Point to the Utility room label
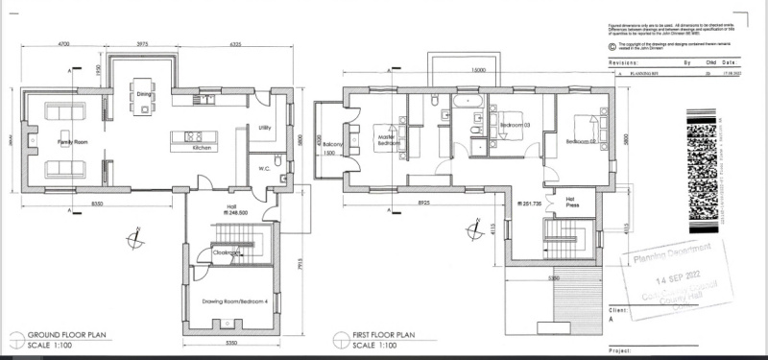pos(266,127)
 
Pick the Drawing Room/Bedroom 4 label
pos(232,300)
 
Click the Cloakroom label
pos(228,252)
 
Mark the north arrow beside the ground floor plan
pos(138,233)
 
